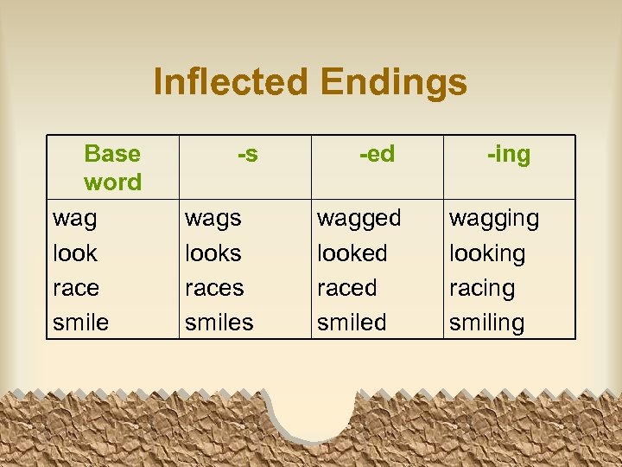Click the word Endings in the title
coord(393,83)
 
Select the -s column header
coord(247,154)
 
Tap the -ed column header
coord(377,154)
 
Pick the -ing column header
coord(509,155)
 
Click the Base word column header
coord(112,168)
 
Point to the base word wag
coord(74,220)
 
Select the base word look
coord(74,253)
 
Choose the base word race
coord(76,288)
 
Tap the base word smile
coord(80,323)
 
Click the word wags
coord(213,220)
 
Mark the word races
coord(214,288)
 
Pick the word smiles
coord(219,323)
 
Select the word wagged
coord(359,220)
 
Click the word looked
coord(352,253)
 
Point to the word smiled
coord(352,323)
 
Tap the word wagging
coord(493,220)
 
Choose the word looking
coord(487,254)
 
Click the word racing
coord(481,288)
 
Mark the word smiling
coord(486,323)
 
